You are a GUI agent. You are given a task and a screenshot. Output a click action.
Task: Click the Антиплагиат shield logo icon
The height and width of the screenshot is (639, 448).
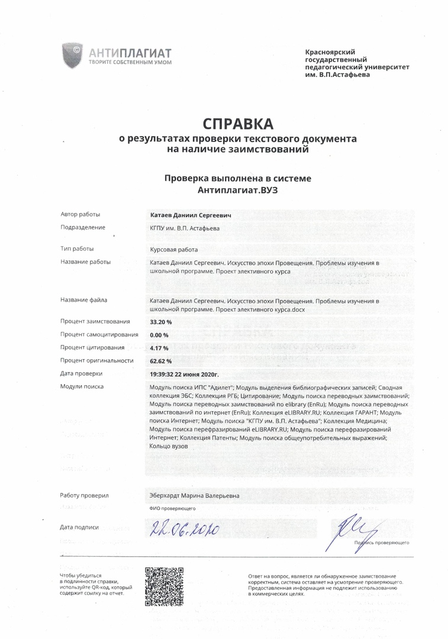tap(73, 55)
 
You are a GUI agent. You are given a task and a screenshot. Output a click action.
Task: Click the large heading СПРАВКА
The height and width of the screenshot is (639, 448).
tap(238, 124)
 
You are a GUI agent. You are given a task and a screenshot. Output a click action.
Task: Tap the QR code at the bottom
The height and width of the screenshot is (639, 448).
tap(164, 586)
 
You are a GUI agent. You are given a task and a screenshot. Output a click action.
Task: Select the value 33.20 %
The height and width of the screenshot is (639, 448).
tap(161, 322)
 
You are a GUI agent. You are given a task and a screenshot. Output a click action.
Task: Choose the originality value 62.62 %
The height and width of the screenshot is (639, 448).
tap(161, 361)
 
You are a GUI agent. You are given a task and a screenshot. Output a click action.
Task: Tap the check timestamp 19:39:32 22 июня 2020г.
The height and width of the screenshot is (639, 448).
tap(185, 374)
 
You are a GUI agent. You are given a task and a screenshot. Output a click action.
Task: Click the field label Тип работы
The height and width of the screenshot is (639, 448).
tap(77, 248)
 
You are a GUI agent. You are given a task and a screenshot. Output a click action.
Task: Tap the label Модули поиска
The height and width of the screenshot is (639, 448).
tap(82, 386)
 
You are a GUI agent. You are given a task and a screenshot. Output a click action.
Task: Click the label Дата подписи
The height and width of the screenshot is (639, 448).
tap(79, 527)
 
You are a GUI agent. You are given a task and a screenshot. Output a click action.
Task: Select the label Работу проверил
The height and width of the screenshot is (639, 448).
tap(84, 495)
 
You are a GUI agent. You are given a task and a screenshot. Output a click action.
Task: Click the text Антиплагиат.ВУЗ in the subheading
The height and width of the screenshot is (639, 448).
tap(237, 191)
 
